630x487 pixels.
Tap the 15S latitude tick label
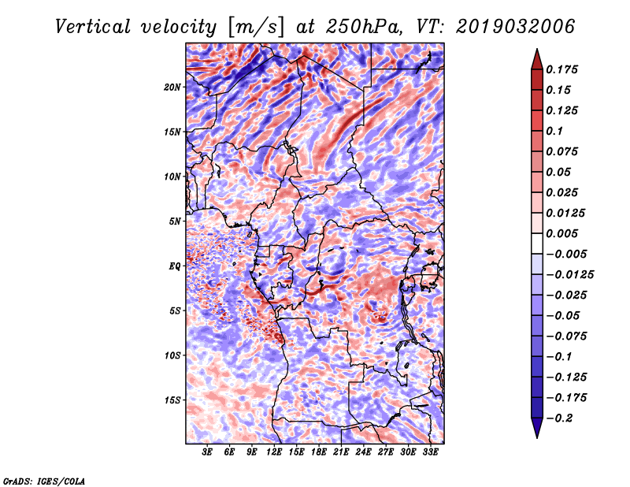pos(173,400)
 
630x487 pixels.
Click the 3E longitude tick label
pos(208,452)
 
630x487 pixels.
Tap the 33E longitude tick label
pos(431,452)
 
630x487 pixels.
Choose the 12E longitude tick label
pos(275,452)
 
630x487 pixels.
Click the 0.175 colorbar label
pos(563,69)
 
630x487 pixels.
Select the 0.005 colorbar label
pos(563,233)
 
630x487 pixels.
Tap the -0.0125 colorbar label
pos(571,274)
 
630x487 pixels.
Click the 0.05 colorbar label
pos(559,172)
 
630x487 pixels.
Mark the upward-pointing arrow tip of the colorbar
pos(536,51)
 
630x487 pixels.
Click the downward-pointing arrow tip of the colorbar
pos(536,435)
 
